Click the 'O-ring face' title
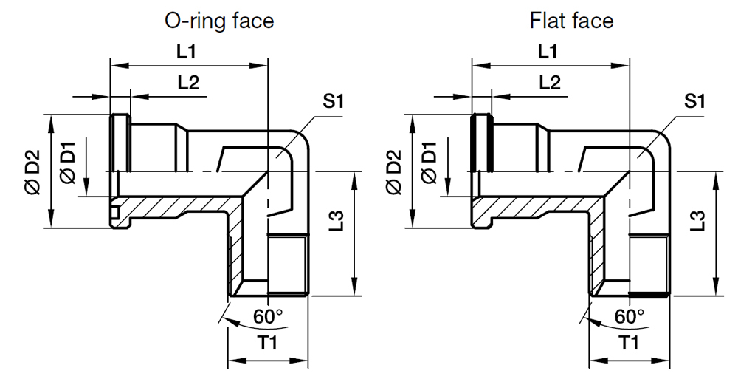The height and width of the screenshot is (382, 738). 218,20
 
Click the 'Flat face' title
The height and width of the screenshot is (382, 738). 571,20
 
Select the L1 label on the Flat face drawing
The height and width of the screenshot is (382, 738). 547,52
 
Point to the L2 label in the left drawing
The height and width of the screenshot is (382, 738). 189,83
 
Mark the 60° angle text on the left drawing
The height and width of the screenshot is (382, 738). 268,316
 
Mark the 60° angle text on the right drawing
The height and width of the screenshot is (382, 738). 630,316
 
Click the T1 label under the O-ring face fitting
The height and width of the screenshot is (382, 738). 267,344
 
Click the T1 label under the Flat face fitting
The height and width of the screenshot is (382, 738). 629,344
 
